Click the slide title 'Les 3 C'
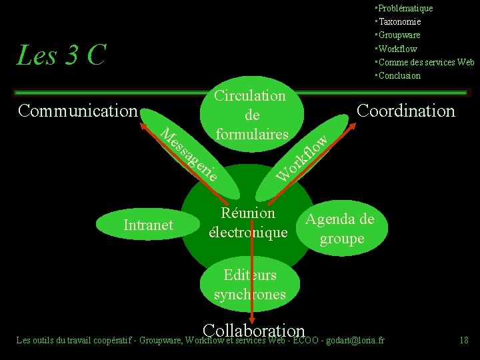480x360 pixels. (x=61, y=55)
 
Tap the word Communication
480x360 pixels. (x=77, y=111)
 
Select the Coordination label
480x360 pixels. (x=406, y=111)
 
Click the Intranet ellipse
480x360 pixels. (x=148, y=225)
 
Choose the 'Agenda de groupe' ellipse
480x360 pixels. (x=341, y=229)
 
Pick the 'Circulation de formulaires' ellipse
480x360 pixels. (x=249, y=115)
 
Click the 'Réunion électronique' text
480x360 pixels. (x=248, y=223)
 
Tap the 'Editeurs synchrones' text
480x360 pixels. (x=250, y=285)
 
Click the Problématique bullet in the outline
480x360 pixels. (x=404, y=8)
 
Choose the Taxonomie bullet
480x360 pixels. (x=400, y=21)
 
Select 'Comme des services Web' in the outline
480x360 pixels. (x=426, y=62)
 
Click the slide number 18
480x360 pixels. (x=464, y=341)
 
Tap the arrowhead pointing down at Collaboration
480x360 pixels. (x=253, y=320)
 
